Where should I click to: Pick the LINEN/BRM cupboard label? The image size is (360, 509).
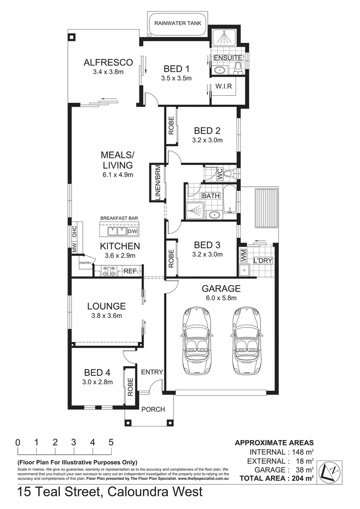click(158, 182)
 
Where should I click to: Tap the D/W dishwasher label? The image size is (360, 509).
click(132, 231)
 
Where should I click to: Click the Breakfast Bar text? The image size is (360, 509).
click(118, 219)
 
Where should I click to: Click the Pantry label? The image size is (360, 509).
click(85, 263)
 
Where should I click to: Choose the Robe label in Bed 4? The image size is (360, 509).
click(130, 386)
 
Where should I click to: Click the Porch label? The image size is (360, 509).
click(153, 409)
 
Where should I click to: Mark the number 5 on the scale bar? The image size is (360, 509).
click(111, 443)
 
